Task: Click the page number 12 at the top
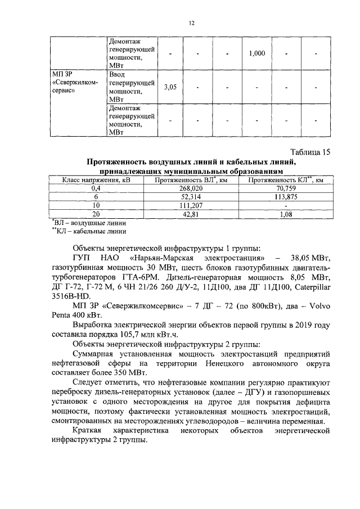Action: tap(191, 22)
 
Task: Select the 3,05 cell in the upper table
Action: tap(170, 87)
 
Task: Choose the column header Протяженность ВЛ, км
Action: tap(192, 180)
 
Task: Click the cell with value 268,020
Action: tap(192, 188)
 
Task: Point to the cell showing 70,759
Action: tap(287, 188)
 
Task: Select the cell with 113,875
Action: tap(287, 197)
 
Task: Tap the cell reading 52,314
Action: tap(192, 197)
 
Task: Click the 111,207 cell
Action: tap(192, 205)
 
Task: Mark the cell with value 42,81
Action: tap(192, 214)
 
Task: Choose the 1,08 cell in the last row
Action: tap(287, 214)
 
